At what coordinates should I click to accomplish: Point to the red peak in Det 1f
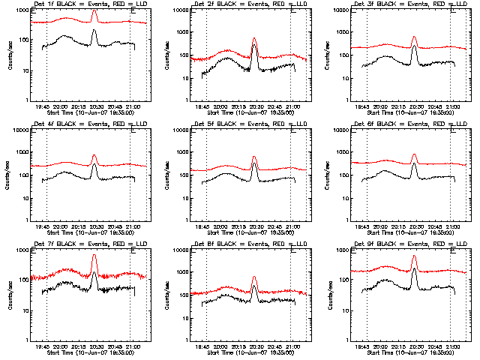coord(94,10)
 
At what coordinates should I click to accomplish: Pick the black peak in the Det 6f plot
coord(414,163)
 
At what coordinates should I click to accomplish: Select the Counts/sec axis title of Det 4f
coord(6,175)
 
